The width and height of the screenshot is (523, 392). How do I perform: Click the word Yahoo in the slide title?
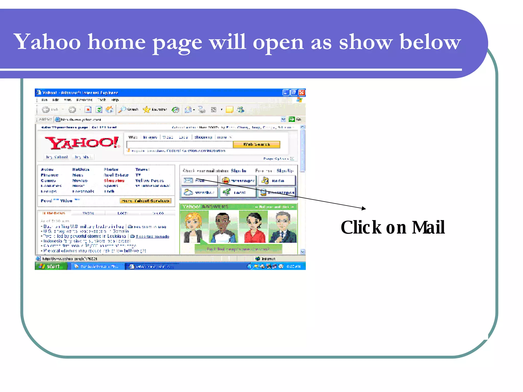click(x=47, y=42)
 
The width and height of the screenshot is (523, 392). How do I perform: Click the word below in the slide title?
click(x=430, y=42)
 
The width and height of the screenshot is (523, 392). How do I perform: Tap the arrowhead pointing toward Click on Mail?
click(x=364, y=208)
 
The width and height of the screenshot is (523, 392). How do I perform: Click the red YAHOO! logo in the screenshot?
click(x=82, y=143)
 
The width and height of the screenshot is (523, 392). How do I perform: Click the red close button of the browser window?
click(x=302, y=92)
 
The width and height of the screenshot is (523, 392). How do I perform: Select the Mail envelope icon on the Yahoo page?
click(x=188, y=181)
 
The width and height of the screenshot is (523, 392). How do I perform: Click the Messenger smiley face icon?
click(x=225, y=181)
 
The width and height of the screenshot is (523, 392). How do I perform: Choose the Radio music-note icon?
click(x=265, y=181)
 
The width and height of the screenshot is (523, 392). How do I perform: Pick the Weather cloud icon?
click(x=188, y=192)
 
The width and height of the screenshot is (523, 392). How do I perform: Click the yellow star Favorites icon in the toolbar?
click(x=147, y=110)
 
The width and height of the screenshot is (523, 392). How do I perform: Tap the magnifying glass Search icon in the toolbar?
click(x=122, y=110)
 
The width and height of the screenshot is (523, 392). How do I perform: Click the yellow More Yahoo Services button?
click(x=145, y=201)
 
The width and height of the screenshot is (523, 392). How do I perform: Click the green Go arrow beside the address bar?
click(x=291, y=119)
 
